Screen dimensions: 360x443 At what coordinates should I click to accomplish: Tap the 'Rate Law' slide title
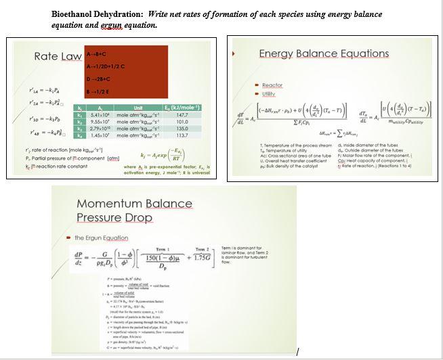[x=58, y=56]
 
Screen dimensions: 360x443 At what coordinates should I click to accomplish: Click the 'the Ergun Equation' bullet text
[x=102, y=237]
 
